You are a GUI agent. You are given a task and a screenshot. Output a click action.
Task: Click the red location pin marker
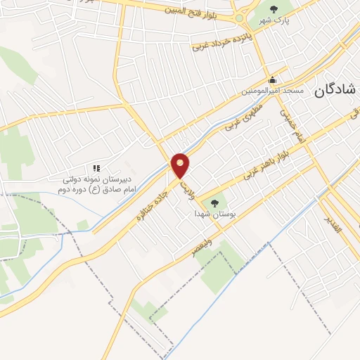(x=181, y=165)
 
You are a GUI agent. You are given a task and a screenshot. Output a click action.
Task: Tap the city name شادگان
(x=334, y=91)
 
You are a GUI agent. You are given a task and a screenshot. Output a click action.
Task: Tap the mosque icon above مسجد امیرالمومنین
(x=273, y=79)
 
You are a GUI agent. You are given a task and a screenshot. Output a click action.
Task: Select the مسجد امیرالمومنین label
(x=273, y=91)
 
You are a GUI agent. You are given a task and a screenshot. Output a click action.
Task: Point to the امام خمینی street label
(x=292, y=125)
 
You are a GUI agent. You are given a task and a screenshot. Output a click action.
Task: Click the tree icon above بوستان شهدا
(x=214, y=202)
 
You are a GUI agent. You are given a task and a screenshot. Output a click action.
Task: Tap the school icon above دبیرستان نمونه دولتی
(x=96, y=168)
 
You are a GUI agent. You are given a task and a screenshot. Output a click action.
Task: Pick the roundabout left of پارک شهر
(x=239, y=18)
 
